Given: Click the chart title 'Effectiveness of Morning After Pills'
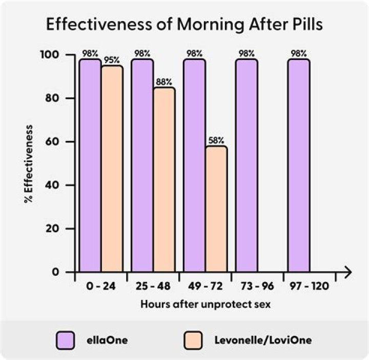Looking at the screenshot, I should (184, 25).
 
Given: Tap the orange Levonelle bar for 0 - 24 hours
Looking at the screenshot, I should (112, 169).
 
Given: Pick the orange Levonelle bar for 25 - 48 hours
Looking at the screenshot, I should (164, 179).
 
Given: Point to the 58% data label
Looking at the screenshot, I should (216, 139).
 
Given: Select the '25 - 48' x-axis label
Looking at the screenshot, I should (153, 286).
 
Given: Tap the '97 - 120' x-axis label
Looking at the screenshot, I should (309, 286).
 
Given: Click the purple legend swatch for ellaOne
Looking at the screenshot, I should (67, 340).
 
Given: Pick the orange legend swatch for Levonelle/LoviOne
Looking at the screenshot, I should (195, 340).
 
